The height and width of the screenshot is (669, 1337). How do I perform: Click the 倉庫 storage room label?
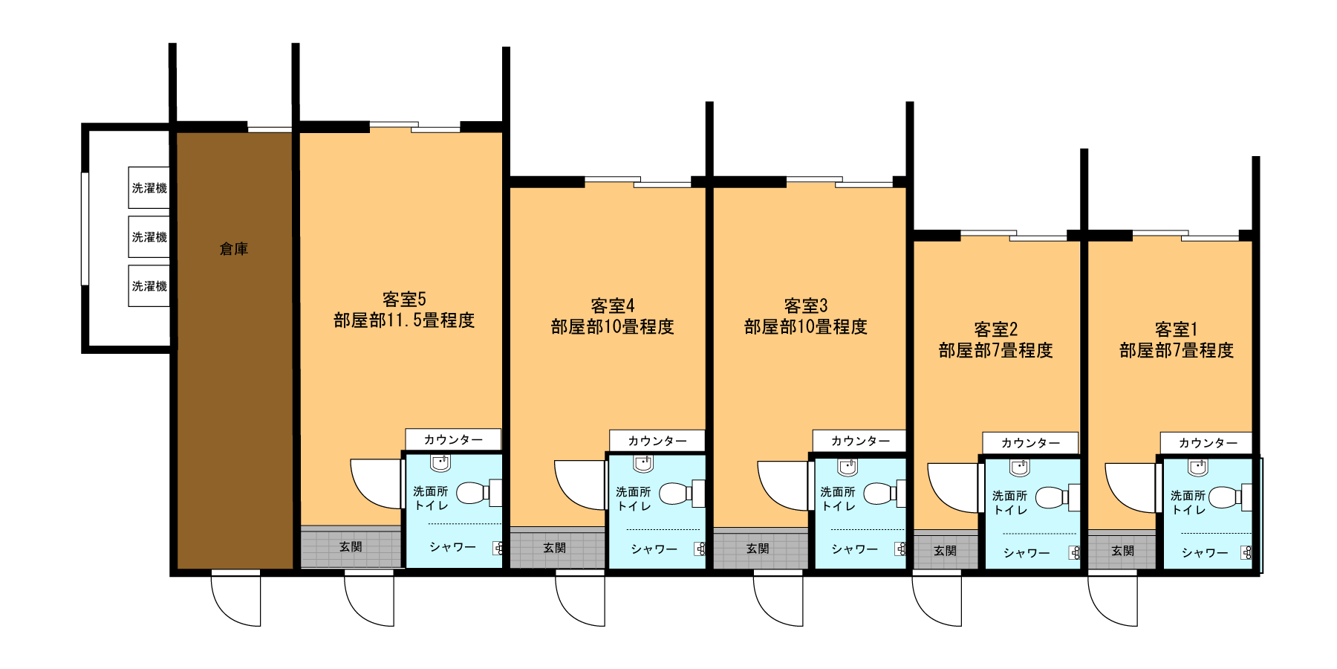coord(234,249)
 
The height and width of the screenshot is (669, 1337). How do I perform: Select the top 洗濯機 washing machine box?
coord(149,187)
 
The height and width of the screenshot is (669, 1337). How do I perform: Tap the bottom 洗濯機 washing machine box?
coord(149,285)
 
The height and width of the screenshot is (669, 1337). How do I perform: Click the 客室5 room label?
coord(404,299)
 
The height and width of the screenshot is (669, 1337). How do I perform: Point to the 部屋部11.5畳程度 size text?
coord(404,320)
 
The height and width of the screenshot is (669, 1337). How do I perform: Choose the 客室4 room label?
coord(613,306)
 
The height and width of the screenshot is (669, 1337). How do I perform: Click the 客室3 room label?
coord(806,306)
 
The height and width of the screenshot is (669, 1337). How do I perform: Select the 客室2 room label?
coord(996,329)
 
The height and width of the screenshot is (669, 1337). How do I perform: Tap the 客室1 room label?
coord(1177,329)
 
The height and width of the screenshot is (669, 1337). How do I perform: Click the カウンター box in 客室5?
coord(453,439)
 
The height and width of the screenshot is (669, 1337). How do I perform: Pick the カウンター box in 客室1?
coord(1207,443)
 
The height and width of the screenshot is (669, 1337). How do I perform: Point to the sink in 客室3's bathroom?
coord(848,467)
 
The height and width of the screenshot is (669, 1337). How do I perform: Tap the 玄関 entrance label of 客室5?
coord(351,547)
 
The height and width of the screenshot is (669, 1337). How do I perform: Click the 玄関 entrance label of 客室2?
coord(945,551)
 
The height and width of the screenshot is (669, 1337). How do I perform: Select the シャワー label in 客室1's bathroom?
coord(1205,553)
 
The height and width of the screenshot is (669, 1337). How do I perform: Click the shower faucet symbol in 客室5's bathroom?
coord(498,549)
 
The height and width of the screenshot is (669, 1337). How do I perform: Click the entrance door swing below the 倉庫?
coord(236,598)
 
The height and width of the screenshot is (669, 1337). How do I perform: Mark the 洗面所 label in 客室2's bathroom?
coord(1010,496)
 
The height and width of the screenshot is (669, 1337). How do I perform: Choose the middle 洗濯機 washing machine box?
coord(149,236)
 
